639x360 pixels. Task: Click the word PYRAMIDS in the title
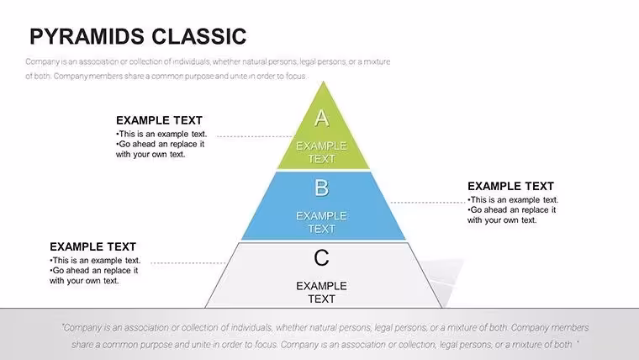87,36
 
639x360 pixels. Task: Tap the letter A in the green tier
321,119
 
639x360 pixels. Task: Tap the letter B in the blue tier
321,188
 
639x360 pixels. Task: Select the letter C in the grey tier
321,258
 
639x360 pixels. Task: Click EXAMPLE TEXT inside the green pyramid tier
321,152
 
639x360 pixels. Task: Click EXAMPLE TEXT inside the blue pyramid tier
321,222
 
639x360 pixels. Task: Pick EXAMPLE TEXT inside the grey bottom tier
321,293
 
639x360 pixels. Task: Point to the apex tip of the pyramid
323,82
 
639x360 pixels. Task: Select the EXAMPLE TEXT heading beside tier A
160,120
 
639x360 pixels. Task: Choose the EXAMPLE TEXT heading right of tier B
510,187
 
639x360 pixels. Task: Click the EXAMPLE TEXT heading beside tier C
93,246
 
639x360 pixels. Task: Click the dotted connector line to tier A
255,136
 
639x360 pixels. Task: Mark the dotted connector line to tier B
428,202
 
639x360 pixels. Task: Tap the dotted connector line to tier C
187,263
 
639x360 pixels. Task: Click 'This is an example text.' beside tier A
161,134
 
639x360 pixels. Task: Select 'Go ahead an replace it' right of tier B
511,210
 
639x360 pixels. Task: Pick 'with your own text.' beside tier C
84,281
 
